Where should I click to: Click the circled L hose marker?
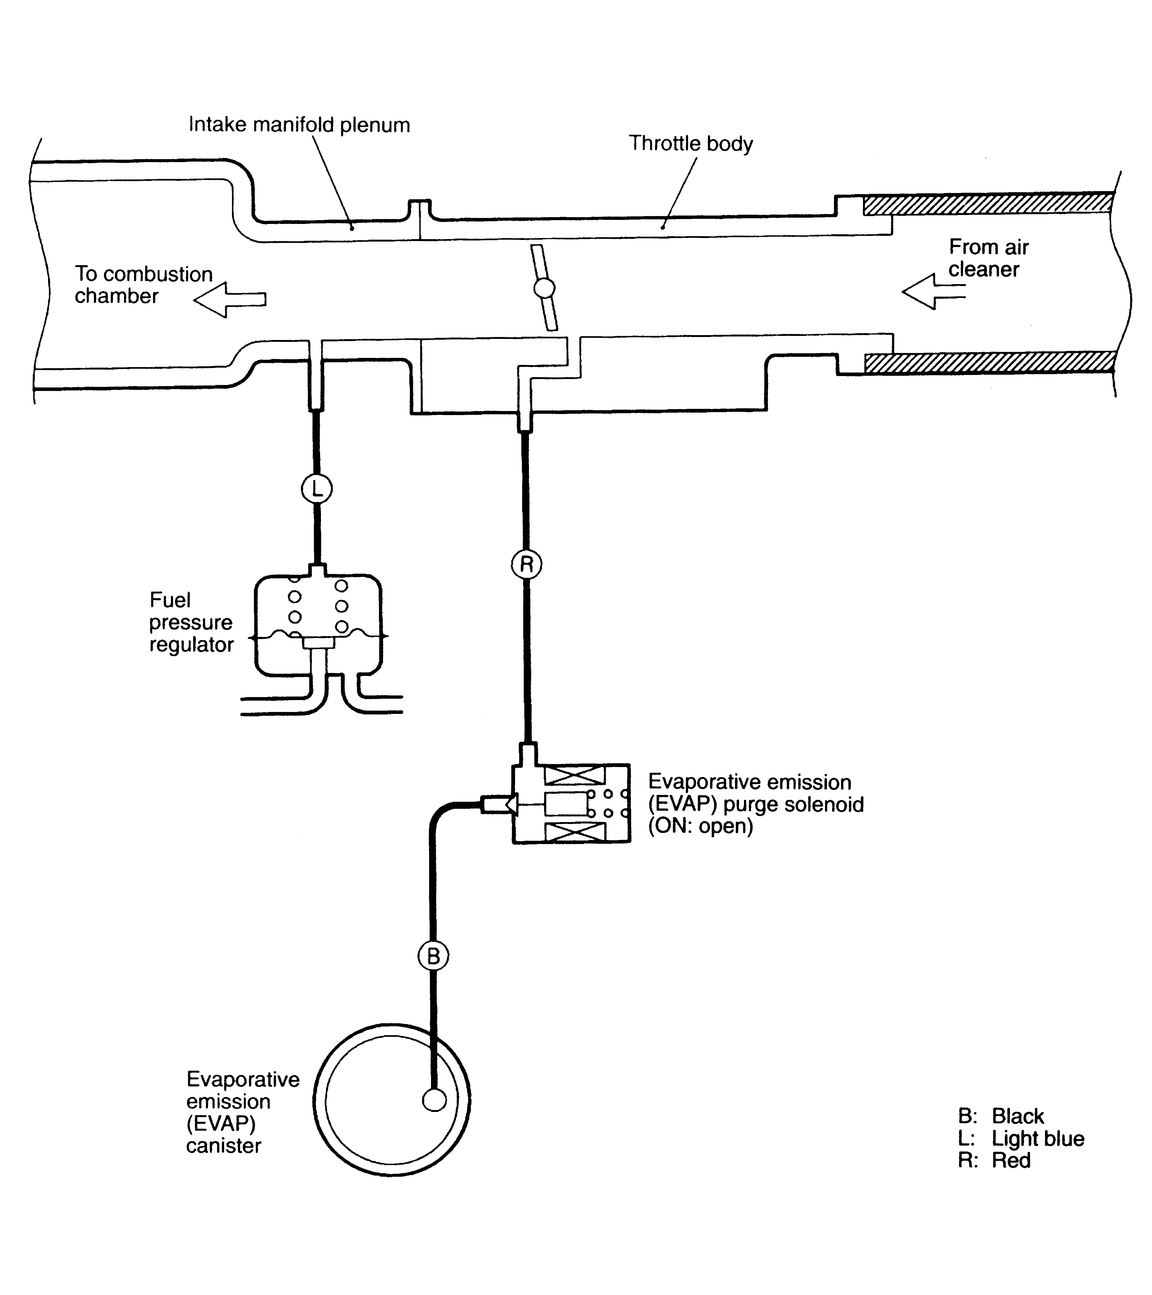tap(316, 489)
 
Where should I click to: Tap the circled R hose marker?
tap(526, 564)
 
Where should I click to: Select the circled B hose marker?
tap(433, 956)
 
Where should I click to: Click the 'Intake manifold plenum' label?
tap(299, 125)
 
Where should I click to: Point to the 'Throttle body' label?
tap(690, 143)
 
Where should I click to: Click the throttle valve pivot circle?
tap(544, 288)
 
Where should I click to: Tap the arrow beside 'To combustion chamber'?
tap(230, 299)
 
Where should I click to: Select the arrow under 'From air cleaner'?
tap(933, 292)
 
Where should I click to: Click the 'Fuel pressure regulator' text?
tap(191, 622)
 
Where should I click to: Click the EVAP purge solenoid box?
tap(572, 803)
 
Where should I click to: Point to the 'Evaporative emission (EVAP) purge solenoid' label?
tap(756, 803)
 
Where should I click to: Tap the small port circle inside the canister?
tap(434, 1100)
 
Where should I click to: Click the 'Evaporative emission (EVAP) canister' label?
tap(243, 1112)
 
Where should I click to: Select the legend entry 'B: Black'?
tap(1000, 1116)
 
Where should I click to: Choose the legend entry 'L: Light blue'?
tap(1021, 1138)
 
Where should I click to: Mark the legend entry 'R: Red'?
tap(994, 1160)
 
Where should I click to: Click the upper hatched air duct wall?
tap(988, 204)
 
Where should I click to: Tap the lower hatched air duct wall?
tap(990, 362)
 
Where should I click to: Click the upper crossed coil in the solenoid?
tap(574, 775)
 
